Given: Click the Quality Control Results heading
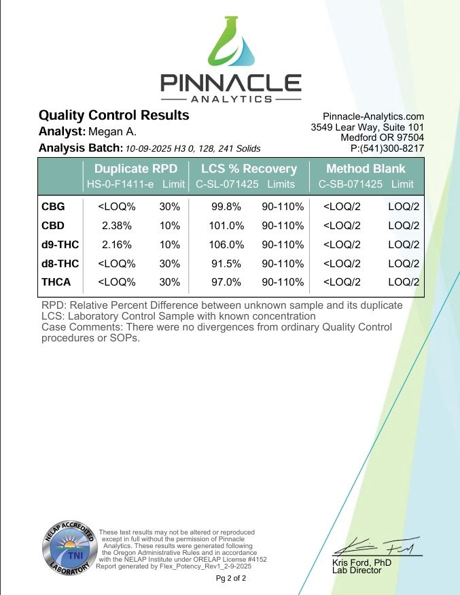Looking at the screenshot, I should pos(113,116).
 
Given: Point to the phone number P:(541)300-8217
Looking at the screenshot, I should pos(387,148).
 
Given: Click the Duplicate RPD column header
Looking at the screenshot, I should pos(136,169).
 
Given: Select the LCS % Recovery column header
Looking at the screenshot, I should pos(249,169).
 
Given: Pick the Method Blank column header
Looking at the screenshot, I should pos(366,169).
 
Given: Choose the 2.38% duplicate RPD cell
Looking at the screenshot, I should pos(116,225).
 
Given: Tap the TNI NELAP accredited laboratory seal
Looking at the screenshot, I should pos(68,547).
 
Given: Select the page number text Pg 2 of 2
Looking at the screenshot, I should pos(231,579).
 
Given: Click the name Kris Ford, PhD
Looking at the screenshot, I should pos(361,562).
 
